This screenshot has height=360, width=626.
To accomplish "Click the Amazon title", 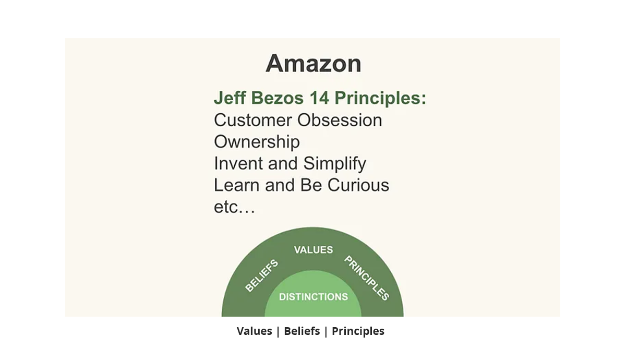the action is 314,64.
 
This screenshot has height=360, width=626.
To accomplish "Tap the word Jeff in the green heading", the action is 230,98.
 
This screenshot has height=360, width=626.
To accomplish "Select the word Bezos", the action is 277,98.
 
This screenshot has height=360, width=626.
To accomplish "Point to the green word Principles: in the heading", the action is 380,99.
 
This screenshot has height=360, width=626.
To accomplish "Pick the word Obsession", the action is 340,120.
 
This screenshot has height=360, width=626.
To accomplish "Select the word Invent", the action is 238,163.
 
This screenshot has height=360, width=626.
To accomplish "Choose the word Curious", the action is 358,185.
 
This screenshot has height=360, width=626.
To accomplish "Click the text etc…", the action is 234,208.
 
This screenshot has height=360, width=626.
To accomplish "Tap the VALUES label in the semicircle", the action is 314,249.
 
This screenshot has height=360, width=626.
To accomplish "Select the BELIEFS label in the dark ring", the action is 261,275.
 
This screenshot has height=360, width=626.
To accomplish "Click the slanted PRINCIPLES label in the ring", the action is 367,278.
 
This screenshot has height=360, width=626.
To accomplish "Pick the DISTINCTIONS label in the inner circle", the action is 314,296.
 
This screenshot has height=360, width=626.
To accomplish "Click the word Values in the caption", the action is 255,331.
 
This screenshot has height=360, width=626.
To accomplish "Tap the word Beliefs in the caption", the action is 302,331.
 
